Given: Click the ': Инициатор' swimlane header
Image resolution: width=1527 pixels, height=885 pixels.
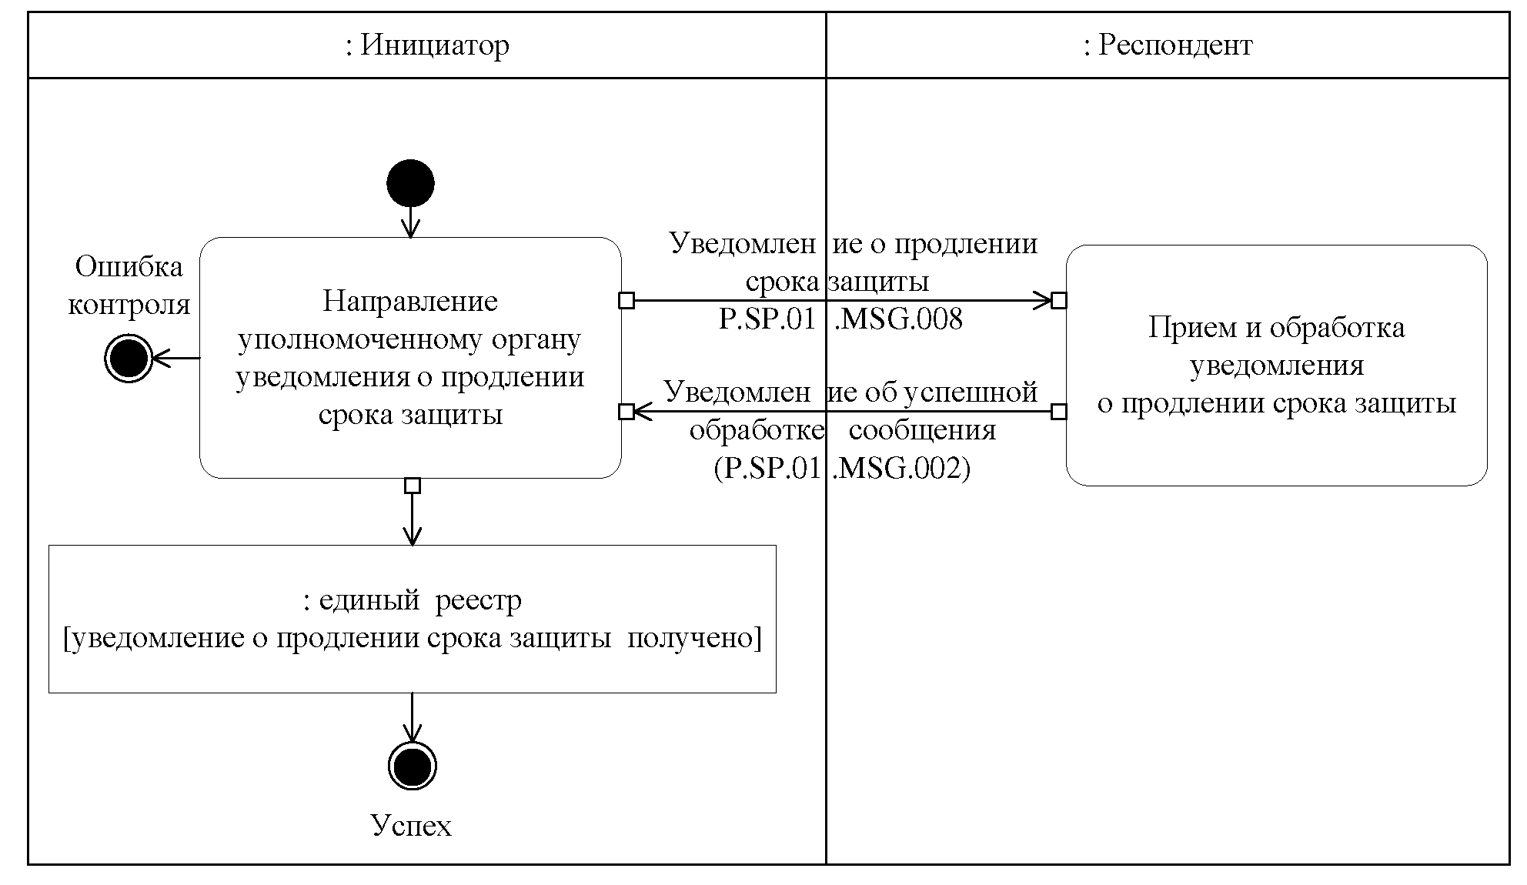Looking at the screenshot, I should click(427, 45).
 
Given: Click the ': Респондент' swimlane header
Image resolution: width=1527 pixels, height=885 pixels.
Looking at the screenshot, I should click(1168, 45).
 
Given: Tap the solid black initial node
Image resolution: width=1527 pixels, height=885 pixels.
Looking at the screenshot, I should click(411, 184).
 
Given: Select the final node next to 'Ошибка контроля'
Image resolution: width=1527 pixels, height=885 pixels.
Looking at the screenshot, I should click(128, 358).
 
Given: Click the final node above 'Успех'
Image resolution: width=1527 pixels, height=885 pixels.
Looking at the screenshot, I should click(413, 766).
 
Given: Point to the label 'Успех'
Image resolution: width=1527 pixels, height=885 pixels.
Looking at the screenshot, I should click(411, 826).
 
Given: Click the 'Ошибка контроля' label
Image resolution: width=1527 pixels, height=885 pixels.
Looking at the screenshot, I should click(129, 286).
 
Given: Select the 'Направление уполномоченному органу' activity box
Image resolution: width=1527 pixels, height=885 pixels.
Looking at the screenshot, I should click(410, 358).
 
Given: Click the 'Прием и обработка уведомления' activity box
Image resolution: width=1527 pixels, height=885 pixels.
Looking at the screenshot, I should click(1276, 366).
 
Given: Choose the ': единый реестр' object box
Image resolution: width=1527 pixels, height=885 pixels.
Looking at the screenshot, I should click(412, 619).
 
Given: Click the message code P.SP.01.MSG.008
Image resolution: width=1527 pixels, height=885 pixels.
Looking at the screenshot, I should click(840, 319).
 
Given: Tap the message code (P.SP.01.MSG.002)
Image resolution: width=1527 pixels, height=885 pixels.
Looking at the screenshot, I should click(842, 469).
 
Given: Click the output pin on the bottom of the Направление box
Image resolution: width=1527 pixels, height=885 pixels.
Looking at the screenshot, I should click(413, 486).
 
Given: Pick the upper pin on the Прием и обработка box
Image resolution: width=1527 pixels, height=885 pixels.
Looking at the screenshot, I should click(1059, 300).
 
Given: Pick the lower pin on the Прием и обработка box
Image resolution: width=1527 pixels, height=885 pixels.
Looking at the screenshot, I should click(1059, 412).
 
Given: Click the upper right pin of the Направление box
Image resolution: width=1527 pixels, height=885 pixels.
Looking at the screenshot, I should click(627, 300).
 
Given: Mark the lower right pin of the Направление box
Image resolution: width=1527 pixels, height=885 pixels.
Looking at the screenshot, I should click(627, 412).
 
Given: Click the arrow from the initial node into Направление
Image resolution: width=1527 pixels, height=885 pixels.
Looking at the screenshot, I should click(411, 222).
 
